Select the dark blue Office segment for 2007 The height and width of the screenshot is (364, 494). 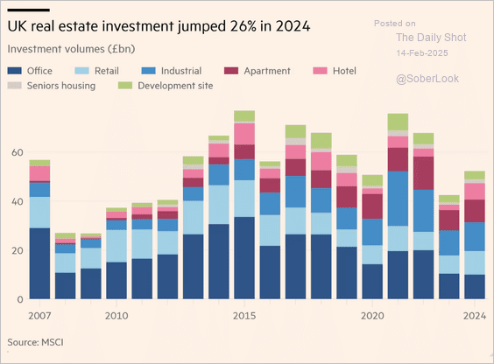(39, 263)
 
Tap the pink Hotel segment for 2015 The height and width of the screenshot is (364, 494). (244, 133)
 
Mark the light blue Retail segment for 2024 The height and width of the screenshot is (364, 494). (475, 262)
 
